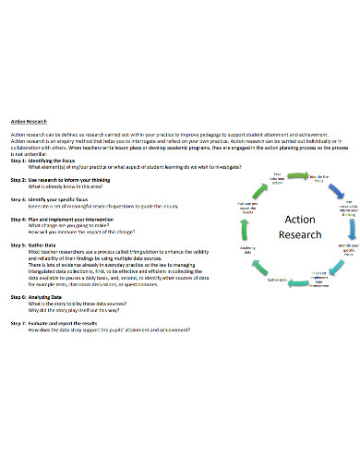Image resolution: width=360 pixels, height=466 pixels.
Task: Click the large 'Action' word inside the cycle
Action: (299, 220)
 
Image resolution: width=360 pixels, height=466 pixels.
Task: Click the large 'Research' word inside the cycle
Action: (299, 234)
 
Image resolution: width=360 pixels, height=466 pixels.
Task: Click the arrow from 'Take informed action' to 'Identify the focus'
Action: (297, 173)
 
